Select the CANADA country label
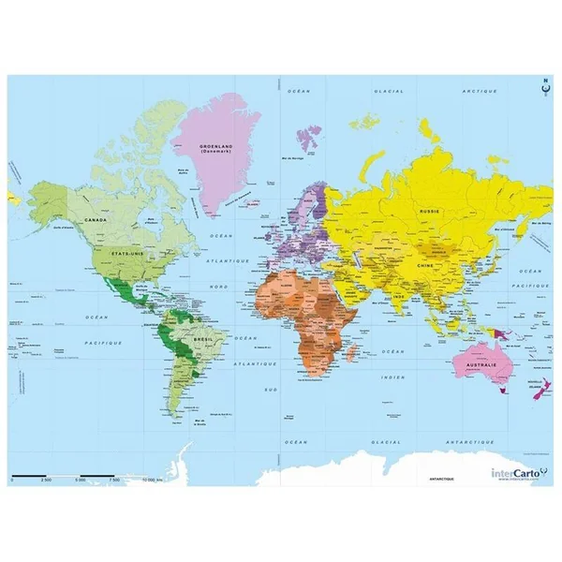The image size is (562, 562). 95,219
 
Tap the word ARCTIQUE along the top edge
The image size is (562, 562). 480,91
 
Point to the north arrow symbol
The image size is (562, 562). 543,92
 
